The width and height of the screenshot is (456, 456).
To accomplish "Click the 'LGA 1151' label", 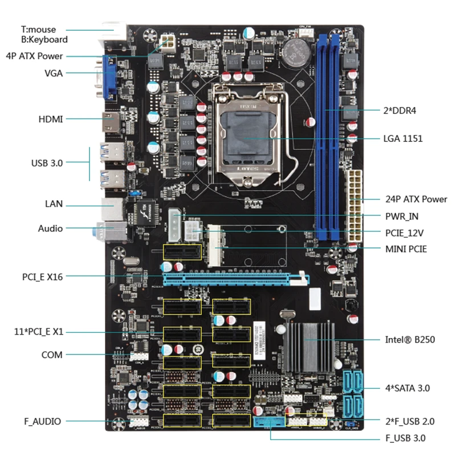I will (x=403, y=139).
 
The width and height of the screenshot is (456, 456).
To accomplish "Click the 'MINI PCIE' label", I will (x=406, y=249).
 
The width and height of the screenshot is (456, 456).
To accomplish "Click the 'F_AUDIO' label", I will (x=42, y=421).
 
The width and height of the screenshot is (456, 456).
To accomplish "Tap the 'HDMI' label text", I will (x=51, y=119).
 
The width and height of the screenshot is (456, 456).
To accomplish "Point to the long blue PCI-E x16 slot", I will (x=234, y=279).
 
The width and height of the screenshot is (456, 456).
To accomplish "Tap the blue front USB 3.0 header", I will (x=268, y=422).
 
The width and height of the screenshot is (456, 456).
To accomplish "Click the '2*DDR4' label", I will (x=401, y=110).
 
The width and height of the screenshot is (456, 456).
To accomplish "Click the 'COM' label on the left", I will (x=52, y=355).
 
